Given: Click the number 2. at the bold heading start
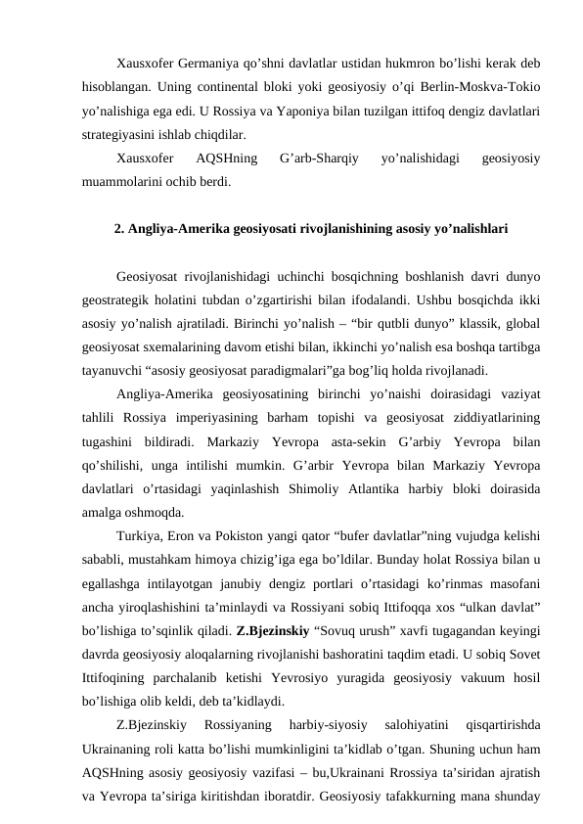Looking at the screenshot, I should [x=120, y=231].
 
